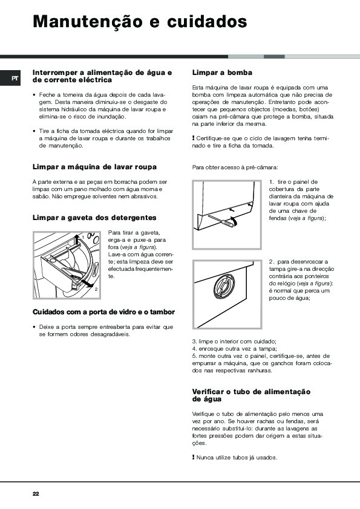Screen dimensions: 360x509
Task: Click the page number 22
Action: click(36, 494)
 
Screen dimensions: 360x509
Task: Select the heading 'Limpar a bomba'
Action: click(222, 73)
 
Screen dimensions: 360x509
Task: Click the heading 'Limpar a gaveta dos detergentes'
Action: click(94, 218)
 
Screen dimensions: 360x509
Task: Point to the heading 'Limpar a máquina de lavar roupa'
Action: click(94, 167)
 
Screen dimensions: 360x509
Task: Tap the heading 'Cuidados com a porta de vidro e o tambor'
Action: click(103, 312)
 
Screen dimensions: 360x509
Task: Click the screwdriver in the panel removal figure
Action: click(221, 221)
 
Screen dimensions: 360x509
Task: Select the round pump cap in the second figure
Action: click(224, 287)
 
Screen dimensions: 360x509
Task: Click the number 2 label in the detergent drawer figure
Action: click(96, 289)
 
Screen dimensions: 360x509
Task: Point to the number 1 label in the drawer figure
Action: click(83, 238)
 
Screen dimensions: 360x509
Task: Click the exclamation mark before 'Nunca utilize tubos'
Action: click(193, 458)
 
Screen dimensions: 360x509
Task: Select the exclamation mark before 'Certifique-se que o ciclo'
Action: click(193, 138)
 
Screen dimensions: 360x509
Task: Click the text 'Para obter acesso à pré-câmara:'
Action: click(235, 167)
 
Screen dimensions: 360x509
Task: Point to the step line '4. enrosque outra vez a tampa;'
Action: click(234, 349)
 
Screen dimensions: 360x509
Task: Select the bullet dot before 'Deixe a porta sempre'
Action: click(34, 327)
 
